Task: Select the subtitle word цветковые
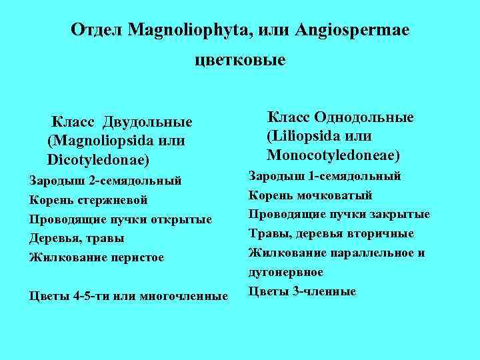coord(240,61)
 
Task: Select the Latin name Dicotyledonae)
coord(99,160)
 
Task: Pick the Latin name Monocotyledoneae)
coord(333,155)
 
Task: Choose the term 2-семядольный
coord(135,180)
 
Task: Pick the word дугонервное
coord(286,272)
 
